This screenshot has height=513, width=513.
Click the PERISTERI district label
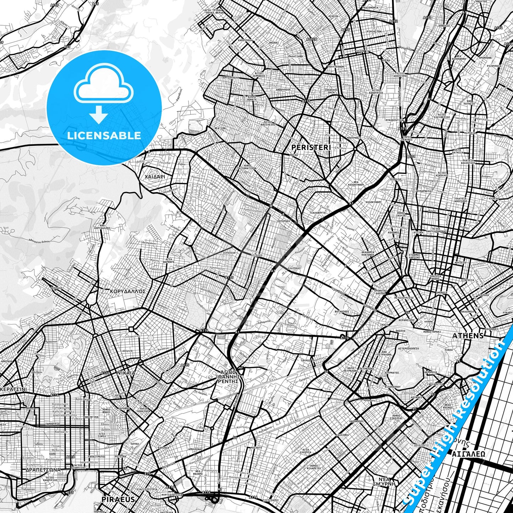(x=311, y=147)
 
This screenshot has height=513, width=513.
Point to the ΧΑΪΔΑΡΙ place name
(x=155, y=176)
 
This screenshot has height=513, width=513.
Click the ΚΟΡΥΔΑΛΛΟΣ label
(x=128, y=291)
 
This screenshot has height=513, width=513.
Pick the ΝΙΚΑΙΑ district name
(x=126, y=373)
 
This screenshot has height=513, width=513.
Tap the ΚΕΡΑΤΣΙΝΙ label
(x=13, y=389)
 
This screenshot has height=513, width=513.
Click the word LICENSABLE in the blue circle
(x=104, y=135)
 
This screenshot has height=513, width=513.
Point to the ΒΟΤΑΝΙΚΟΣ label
(x=342, y=312)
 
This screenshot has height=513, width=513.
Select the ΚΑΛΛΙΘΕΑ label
(x=343, y=435)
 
